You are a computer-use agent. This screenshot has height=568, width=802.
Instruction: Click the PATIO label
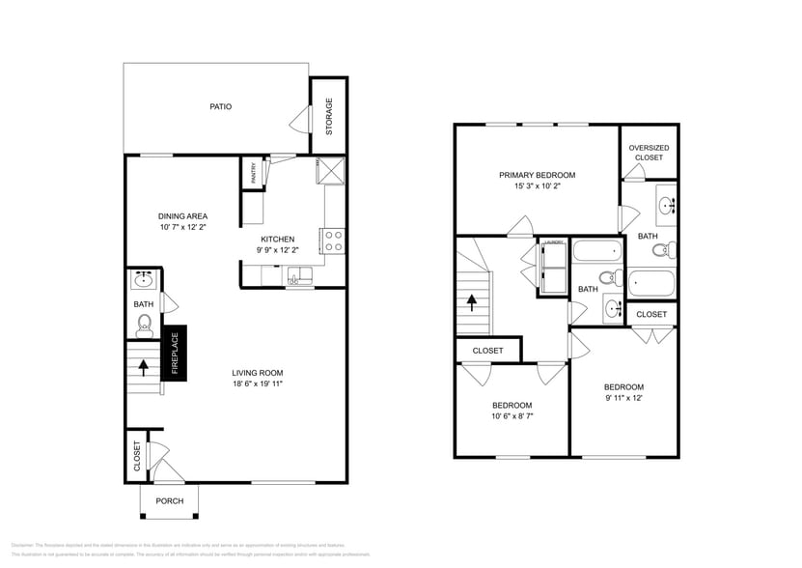221,107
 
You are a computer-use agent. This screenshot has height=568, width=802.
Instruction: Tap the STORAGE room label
328,116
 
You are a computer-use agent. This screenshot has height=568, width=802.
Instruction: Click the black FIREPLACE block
175,353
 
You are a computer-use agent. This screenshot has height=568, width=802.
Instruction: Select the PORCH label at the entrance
170,500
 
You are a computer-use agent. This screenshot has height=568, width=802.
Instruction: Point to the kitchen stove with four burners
333,241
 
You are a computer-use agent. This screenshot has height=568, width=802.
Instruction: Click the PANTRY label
254,173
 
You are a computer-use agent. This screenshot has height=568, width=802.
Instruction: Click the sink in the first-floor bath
144,281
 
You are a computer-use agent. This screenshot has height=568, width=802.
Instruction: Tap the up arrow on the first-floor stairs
144,367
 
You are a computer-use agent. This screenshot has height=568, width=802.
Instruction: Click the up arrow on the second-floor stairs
472,302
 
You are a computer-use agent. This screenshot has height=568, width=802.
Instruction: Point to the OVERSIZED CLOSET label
649,152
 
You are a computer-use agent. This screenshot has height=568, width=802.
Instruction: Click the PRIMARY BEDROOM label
537,175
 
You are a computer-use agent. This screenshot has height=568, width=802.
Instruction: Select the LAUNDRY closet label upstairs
553,242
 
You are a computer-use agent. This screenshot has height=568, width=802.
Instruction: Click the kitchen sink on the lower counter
299,277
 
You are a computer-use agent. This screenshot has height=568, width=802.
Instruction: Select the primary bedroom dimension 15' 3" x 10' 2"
537,185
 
